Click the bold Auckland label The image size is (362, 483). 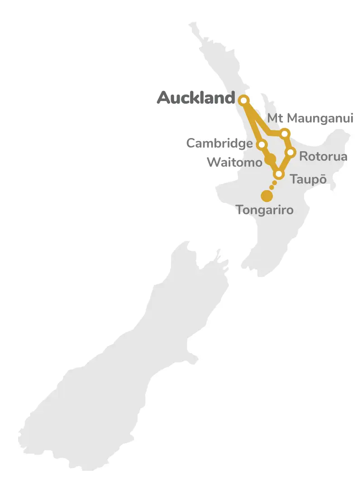(x=196, y=98)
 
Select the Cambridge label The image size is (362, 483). (x=219, y=143)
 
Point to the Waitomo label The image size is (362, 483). (x=234, y=162)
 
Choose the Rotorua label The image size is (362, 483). (x=323, y=157)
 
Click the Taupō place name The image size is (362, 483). (x=308, y=179)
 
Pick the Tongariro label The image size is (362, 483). (x=265, y=210)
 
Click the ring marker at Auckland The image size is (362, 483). (x=244, y=100)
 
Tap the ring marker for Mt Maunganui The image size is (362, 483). (x=285, y=134)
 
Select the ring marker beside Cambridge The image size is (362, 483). (x=261, y=145)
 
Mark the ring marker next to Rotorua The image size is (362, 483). (x=291, y=152)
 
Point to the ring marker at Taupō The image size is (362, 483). (x=279, y=174)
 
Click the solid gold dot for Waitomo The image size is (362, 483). (x=270, y=159)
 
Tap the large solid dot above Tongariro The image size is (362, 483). (x=267, y=196)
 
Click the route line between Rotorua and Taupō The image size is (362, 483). (x=285, y=163)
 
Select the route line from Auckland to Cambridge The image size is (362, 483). (x=253, y=123)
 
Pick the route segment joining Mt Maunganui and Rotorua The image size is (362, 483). (x=288, y=143)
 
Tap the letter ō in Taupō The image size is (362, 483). (x=322, y=179)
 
